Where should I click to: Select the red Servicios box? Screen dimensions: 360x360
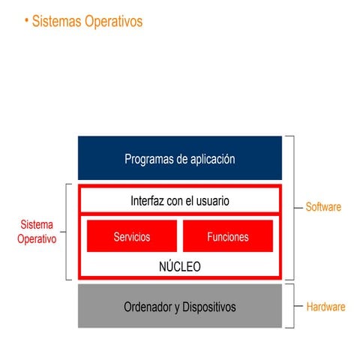(x=132, y=236)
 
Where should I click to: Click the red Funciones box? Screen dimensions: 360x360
(x=227, y=236)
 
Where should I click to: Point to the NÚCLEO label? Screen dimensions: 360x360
(x=179, y=266)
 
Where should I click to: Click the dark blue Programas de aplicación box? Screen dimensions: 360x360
(x=179, y=158)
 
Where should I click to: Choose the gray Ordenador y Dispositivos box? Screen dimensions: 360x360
(x=179, y=307)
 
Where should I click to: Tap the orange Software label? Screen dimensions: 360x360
(x=323, y=206)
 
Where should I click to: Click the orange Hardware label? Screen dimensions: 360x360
(x=325, y=307)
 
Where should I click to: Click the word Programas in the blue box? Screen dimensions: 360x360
(x=149, y=159)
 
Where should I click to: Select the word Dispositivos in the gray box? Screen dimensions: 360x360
(x=208, y=307)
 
